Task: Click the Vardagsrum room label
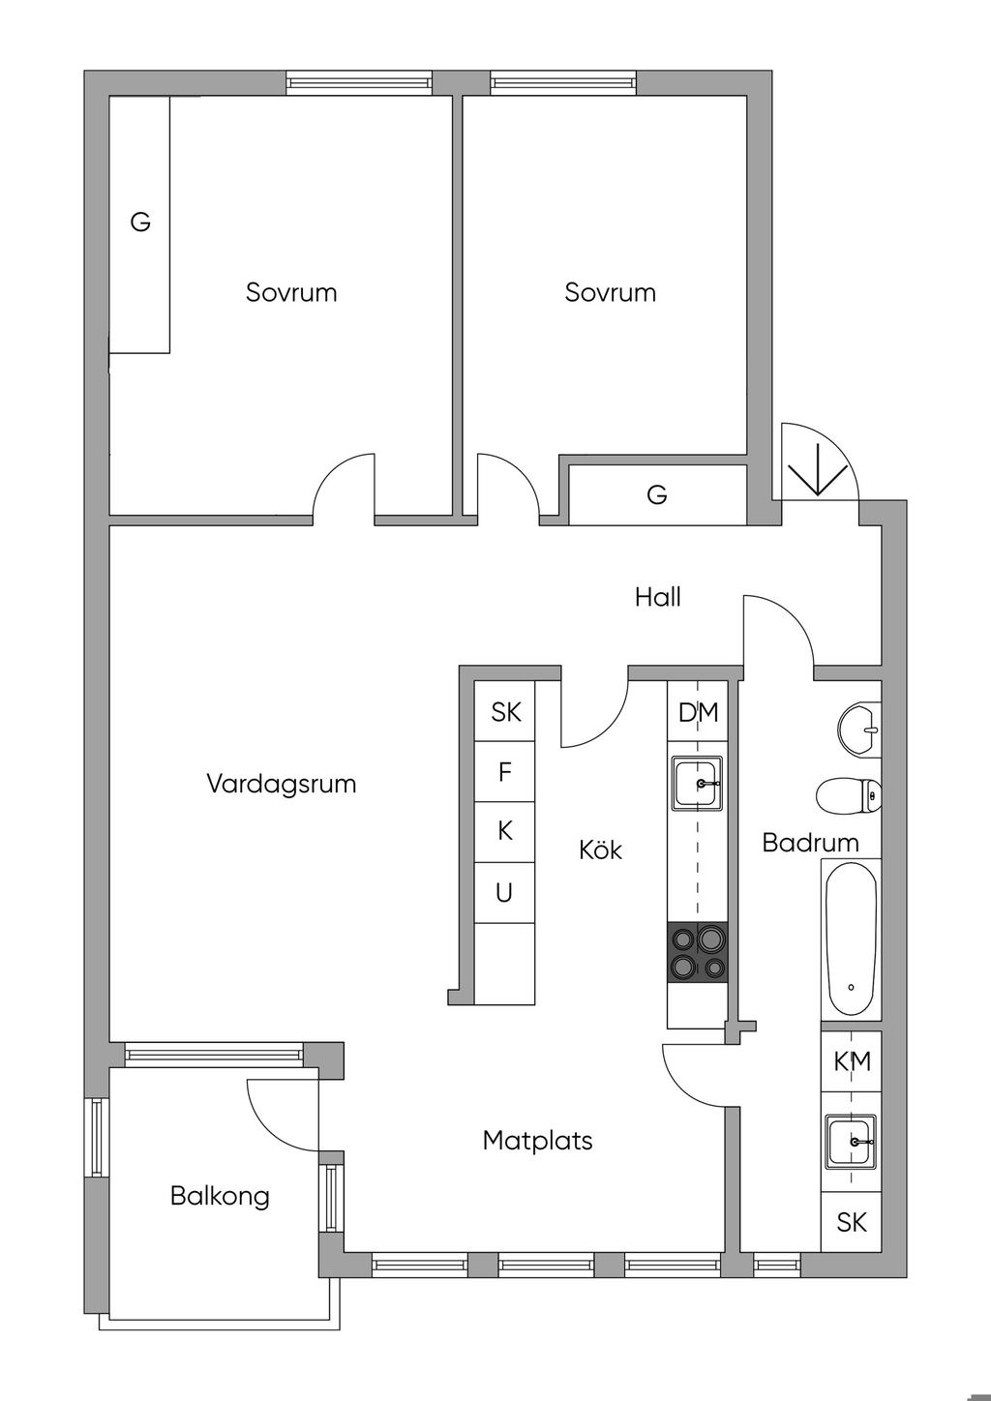[x=282, y=785]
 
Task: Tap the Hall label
[x=657, y=597]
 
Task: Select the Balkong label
[x=220, y=1197]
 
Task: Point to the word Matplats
[x=537, y=1141]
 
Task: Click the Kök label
[x=601, y=850]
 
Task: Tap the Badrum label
[x=810, y=843]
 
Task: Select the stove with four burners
[x=698, y=953]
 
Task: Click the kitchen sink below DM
[x=698, y=783]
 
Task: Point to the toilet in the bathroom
[x=849, y=796]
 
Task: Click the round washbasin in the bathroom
[x=859, y=730]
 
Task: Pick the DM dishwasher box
[x=698, y=711]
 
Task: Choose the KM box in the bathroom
[x=852, y=1061]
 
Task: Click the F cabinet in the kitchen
[x=504, y=772]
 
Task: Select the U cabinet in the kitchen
[x=504, y=893]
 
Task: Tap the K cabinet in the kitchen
[x=504, y=832]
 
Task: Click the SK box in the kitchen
[x=504, y=711]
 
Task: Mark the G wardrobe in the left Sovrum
[x=139, y=224]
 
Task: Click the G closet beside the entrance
[x=657, y=494]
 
